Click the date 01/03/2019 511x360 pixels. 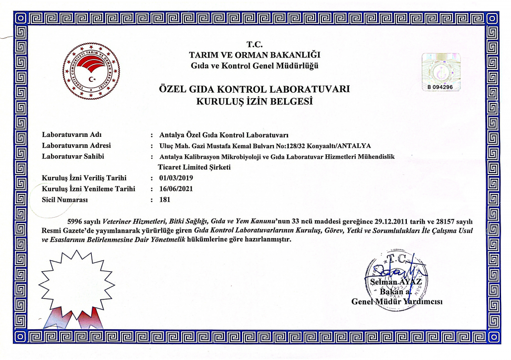point(176,178)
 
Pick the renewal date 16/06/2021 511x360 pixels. point(176,188)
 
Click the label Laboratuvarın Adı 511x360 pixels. point(72,134)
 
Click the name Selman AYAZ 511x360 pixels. point(396,282)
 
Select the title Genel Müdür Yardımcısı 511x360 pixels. point(397,301)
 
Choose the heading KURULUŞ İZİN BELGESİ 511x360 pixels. point(255,102)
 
